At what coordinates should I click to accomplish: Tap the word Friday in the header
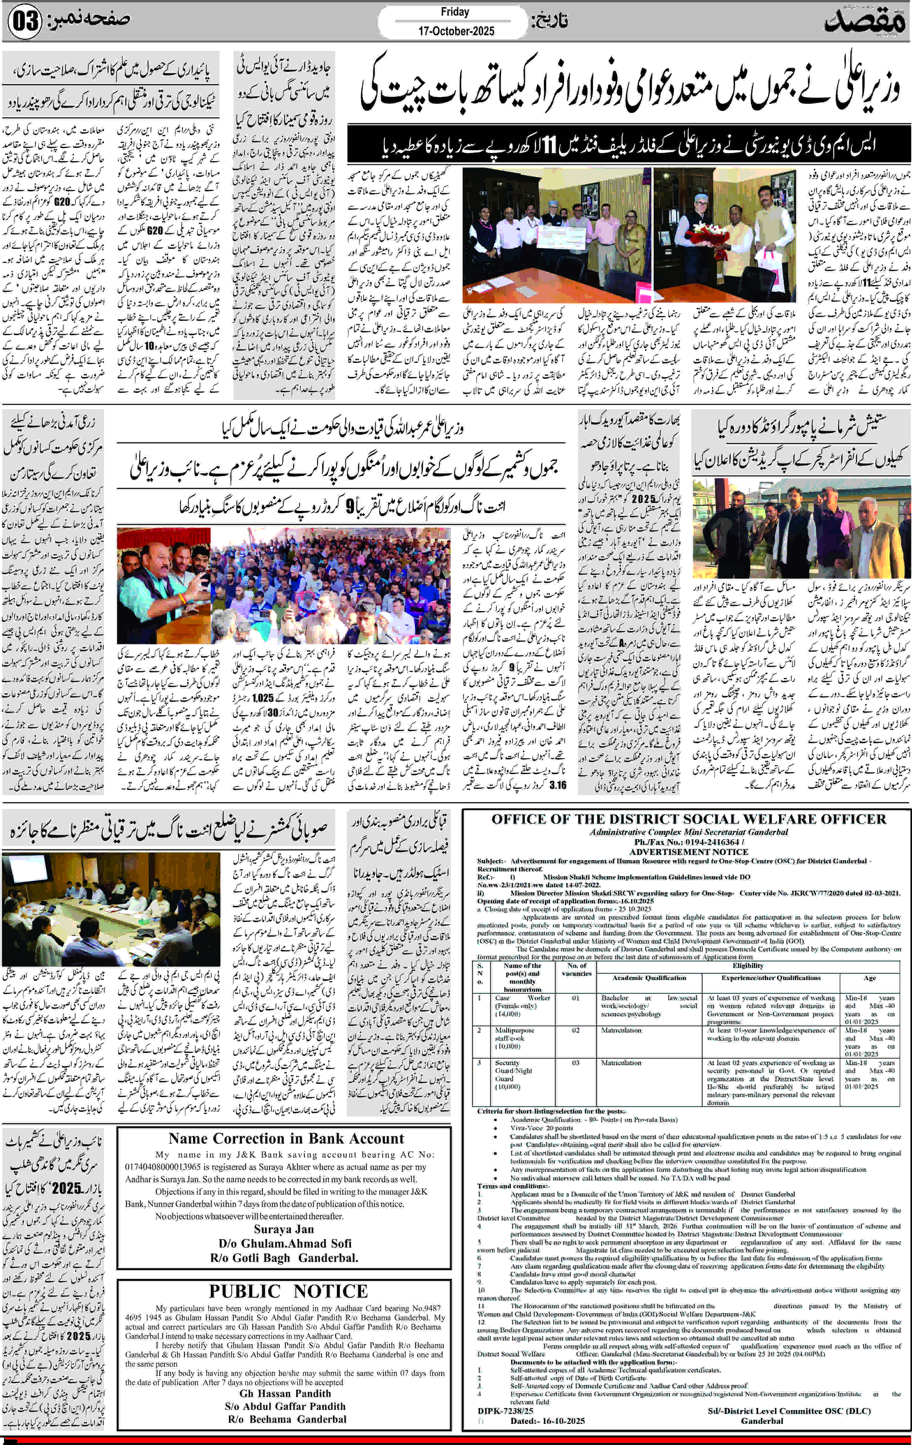455,12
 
